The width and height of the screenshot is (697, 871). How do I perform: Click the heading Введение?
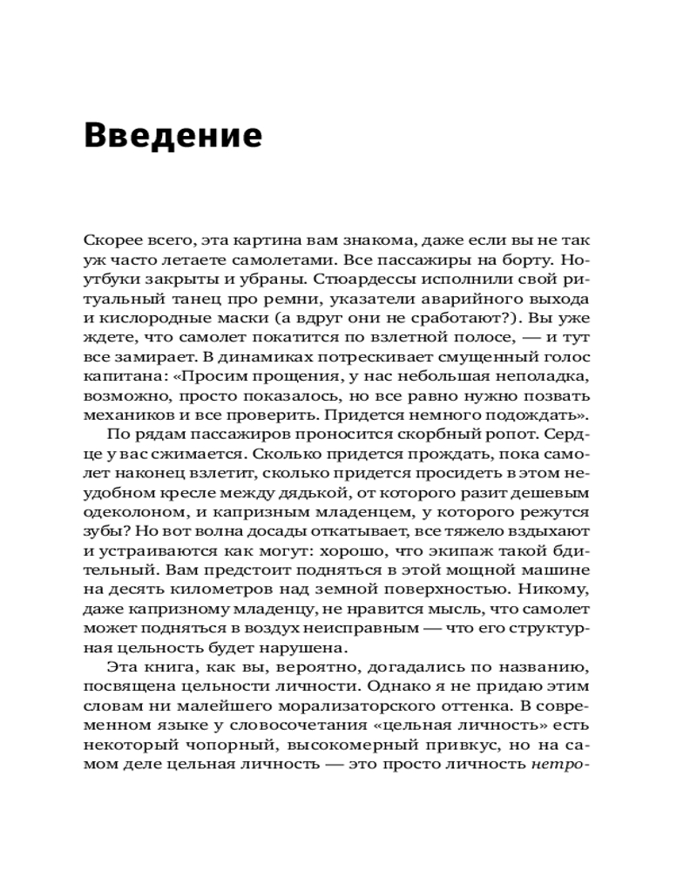[173, 137]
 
